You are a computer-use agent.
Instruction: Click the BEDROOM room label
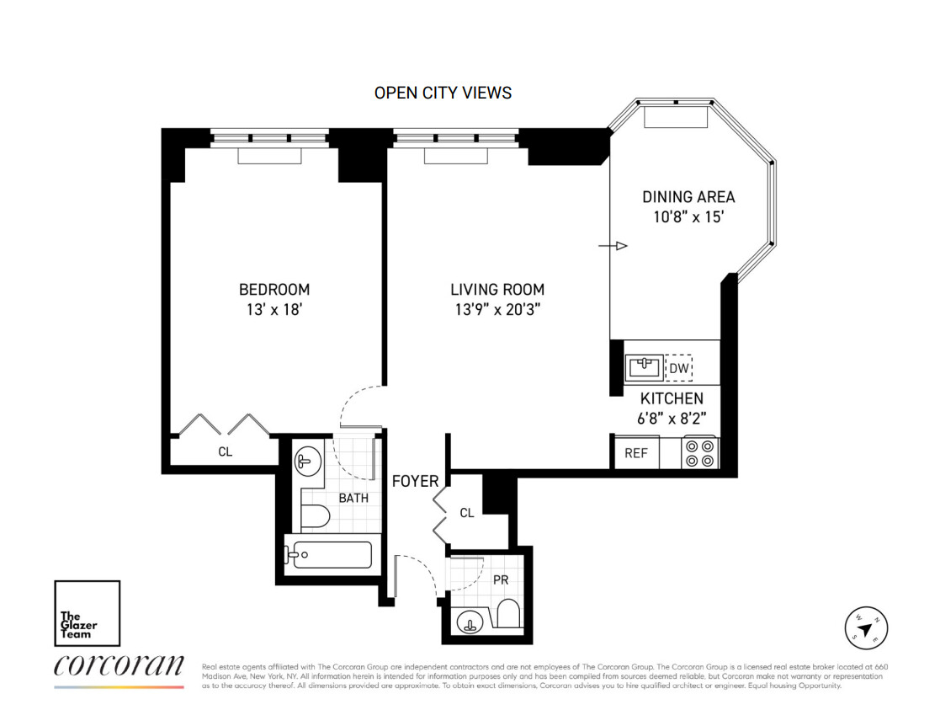[x=274, y=290]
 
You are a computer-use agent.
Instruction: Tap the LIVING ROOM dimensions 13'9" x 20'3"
[x=497, y=309]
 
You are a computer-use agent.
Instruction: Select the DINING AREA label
[x=688, y=197]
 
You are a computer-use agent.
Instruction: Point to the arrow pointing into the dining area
[x=613, y=246]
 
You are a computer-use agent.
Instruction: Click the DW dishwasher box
[x=678, y=368]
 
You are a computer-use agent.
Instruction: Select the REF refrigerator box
[x=635, y=452]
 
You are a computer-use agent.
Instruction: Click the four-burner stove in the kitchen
[x=699, y=451]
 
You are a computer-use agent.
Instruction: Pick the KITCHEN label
[x=672, y=398]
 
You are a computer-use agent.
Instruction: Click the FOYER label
[x=415, y=481]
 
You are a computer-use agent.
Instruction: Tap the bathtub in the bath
[x=328, y=555]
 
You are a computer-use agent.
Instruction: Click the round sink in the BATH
[x=305, y=462]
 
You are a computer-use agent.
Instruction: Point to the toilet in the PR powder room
[x=509, y=614]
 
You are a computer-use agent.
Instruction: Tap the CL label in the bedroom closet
[x=225, y=451]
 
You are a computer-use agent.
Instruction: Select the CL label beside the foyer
[x=467, y=512]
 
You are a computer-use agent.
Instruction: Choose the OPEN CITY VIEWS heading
[x=443, y=93]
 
